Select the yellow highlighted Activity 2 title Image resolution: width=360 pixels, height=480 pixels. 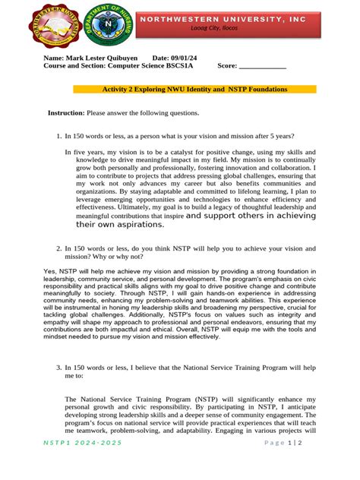click(x=194, y=90)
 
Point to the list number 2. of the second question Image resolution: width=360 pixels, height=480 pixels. click(x=58, y=248)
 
